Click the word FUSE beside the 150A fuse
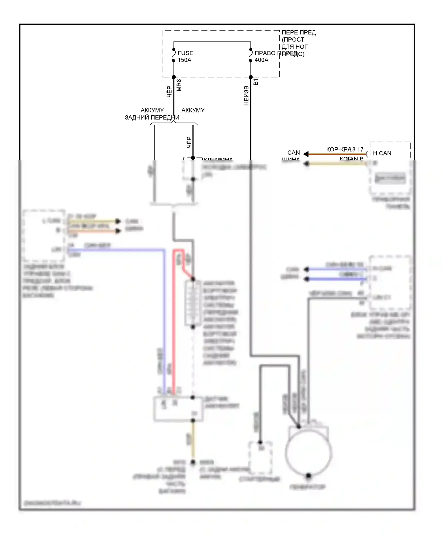coord(185,53)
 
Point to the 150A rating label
coord(184,60)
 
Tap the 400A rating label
coord(261,60)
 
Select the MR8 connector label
coord(179,85)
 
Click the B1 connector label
coord(256,82)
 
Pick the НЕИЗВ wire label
coord(246,96)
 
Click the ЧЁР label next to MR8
coord(169,92)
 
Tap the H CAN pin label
coord(382,153)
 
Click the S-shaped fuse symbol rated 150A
coord(174,55)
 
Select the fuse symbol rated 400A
coord(251,55)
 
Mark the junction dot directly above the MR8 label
coord(174,77)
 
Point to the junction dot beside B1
coord(251,77)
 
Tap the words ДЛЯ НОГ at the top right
coord(294,47)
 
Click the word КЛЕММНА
coord(218,159)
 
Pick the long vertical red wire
coord(174,324)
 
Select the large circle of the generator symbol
coord(309,454)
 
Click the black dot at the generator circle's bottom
coord(309,475)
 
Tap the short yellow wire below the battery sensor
coord(193,441)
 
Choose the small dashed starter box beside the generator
coord(260,458)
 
